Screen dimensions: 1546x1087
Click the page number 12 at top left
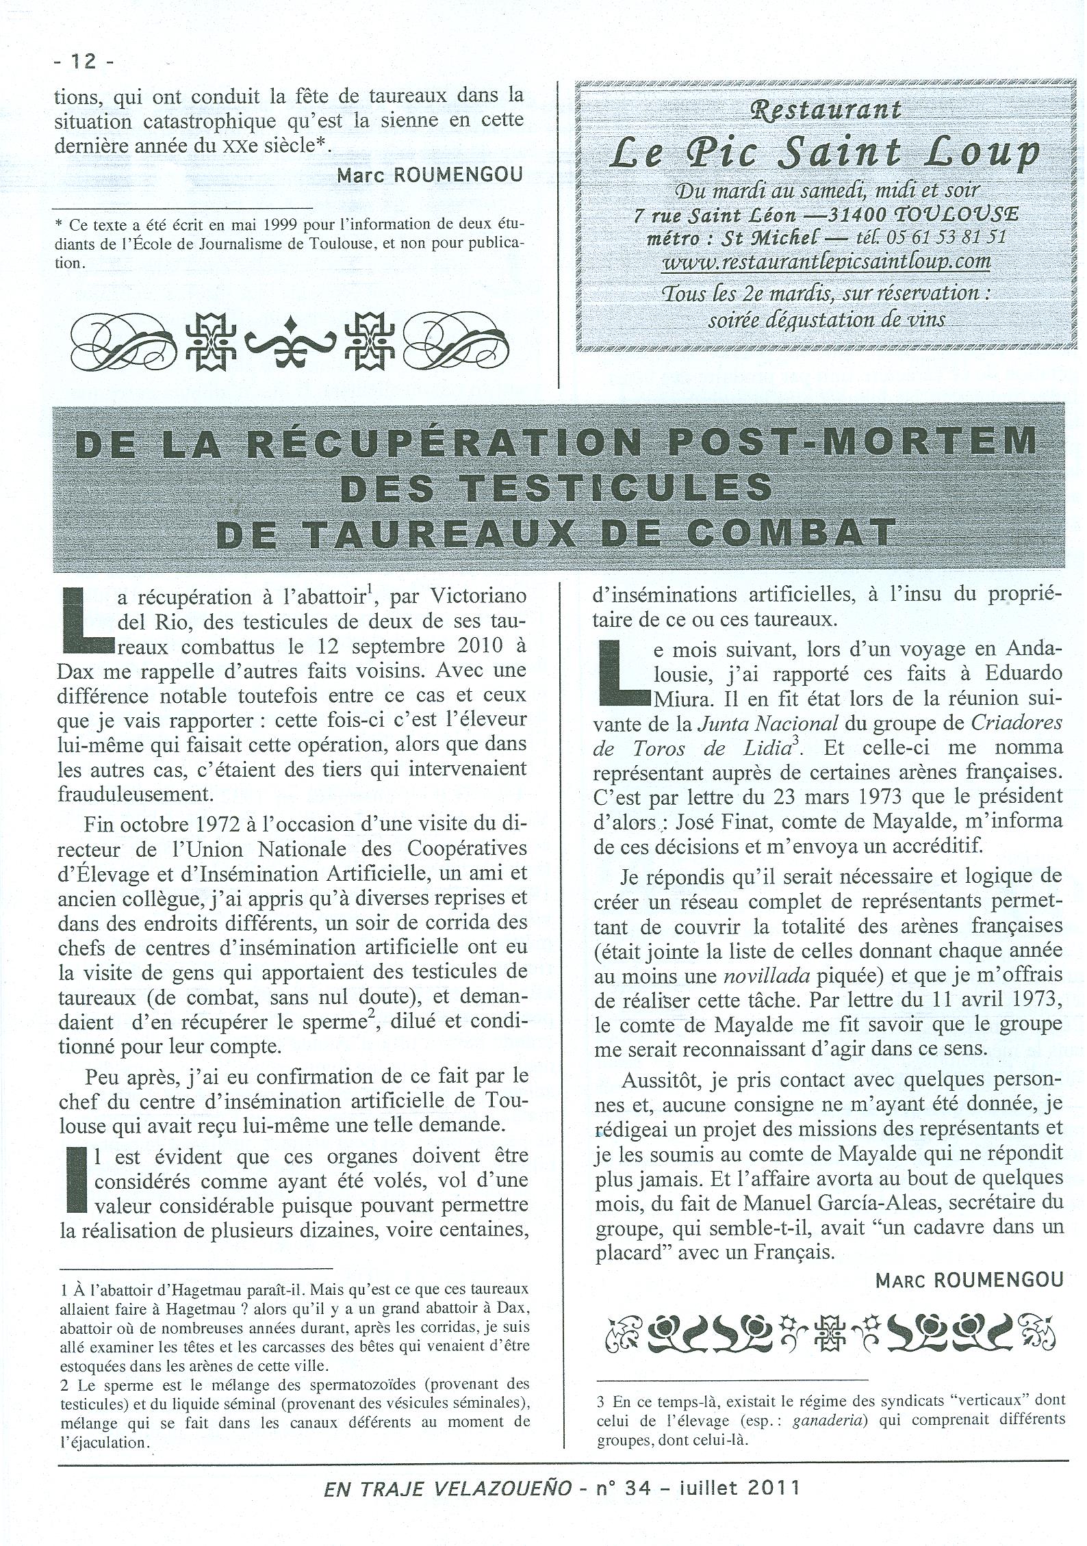tap(83, 62)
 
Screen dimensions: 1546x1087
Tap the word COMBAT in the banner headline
tap(791, 532)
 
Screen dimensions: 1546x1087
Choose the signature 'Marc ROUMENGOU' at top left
tap(429, 175)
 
